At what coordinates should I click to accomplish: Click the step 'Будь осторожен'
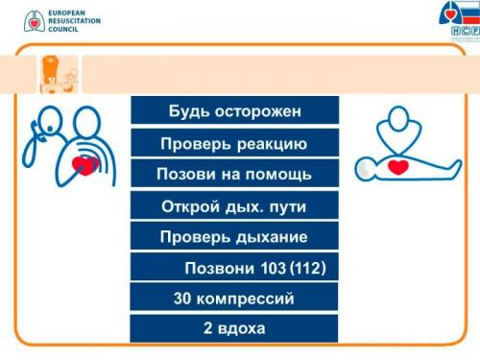coord(235,110)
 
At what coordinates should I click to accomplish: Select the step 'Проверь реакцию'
coord(235,144)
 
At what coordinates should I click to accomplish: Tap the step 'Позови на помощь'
coord(235,175)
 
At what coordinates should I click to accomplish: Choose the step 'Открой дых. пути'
coord(235,206)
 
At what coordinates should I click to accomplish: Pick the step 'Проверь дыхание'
coord(235,237)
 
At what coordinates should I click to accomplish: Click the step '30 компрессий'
coord(235,299)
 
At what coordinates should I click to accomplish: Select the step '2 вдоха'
coord(235,328)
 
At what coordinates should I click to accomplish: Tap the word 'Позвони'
coord(218,268)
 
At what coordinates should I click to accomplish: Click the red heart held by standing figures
coord(85,165)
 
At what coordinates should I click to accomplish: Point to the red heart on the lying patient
coord(398,167)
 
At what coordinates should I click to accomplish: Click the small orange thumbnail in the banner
coord(60,73)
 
